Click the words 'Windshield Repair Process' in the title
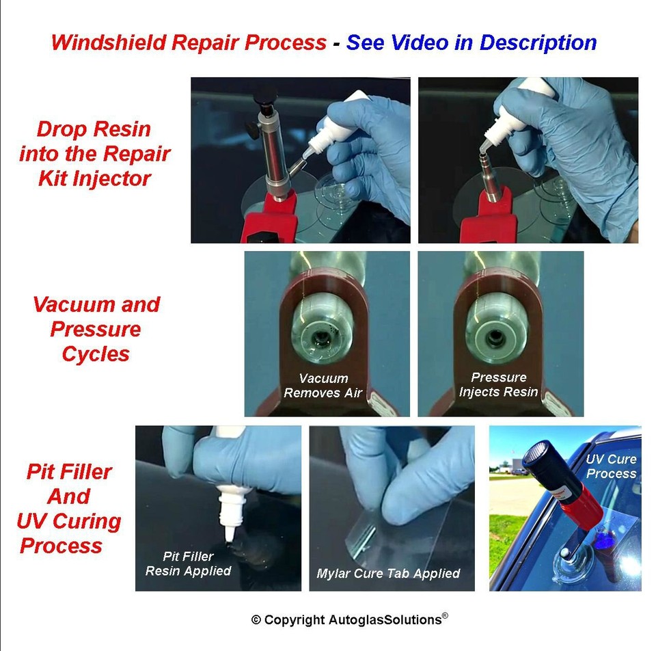click(189, 42)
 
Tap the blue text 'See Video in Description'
click(471, 42)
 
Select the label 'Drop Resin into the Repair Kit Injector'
click(94, 154)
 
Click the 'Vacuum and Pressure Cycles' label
click(96, 329)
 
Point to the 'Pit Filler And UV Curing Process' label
click(68, 508)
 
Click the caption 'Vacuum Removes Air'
click(323, 386)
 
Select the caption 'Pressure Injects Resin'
click(498, 385)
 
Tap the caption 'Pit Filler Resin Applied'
click(188, 563)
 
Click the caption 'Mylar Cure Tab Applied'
click(388, 573)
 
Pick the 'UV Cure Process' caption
click(611, 466)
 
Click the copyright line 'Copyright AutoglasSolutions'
click(349, 620)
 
